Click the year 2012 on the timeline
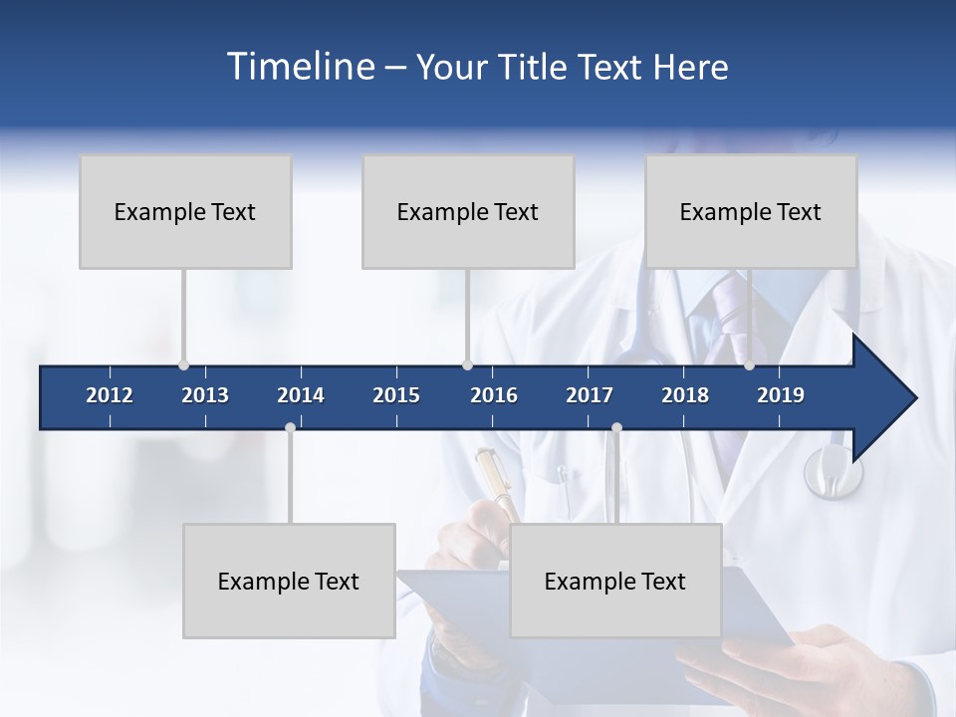point(110,395)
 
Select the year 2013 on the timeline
point(205,395)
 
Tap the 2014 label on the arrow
point(301,395)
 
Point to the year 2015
point(396,395)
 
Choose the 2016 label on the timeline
point(494,395)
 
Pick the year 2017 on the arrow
point(590,395)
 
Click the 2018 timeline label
point(685,395)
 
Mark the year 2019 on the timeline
point(781,395)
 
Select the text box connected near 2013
point(185,211)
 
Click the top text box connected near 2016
point(468,211)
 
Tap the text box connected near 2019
point(751,211)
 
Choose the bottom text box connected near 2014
point(289,581)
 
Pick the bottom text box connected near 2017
point(615,581)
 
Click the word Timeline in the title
point(300,67)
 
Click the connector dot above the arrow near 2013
point(183,364)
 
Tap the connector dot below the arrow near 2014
point(290,427)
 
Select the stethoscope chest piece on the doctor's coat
point(833,471)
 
